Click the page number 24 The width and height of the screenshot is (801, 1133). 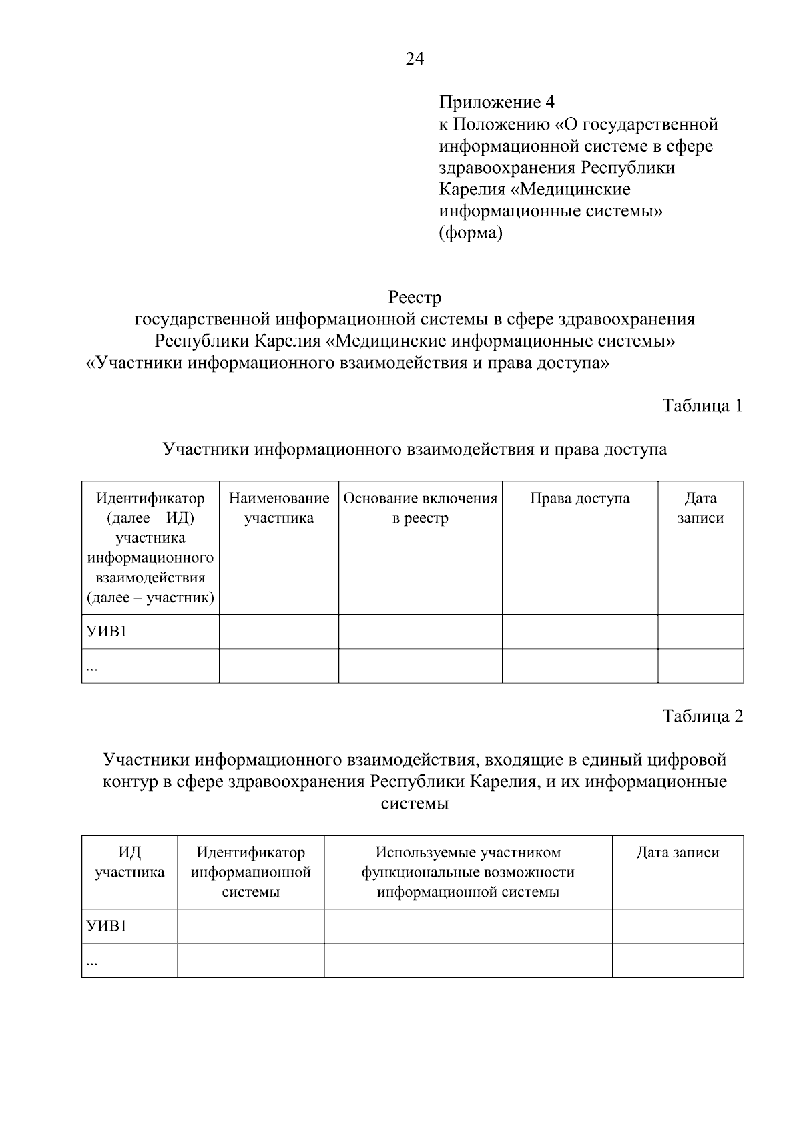coord(414,59)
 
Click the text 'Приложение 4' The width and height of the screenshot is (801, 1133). coord(497,102)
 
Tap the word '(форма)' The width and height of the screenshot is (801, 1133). coord(470,233)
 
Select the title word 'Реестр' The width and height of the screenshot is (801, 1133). coord(415,296)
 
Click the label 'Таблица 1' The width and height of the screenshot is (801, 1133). coord(702,405)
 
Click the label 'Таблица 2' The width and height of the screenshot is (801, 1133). coord(702,716)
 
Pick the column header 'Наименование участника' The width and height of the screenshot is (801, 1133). coord(279,508)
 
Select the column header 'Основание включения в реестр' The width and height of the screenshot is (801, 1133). coord(420,508)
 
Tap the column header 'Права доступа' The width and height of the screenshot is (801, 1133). coord(579,499)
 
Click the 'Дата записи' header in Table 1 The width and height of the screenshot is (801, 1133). coord(700,508)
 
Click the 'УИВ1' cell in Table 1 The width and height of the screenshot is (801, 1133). coord(107,632)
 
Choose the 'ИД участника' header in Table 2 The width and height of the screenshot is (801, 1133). coord(129,862)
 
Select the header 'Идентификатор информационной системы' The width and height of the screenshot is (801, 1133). coord(250,872)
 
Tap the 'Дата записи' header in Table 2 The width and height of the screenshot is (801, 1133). coord(678,853)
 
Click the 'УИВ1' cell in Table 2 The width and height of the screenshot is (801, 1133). coord(107,926)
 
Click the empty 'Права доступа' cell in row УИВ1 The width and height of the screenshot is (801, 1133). coord(579,632)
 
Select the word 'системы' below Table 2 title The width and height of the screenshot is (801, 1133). coord(415,803)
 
